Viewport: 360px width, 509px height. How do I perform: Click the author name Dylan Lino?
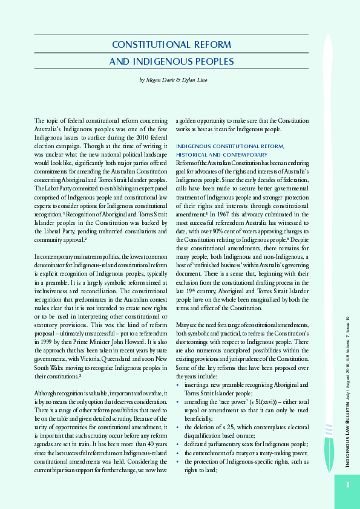coord(194,80)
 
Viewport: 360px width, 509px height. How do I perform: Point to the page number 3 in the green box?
coord(348,484)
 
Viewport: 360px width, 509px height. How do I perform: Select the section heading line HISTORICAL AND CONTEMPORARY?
coord(220,155)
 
